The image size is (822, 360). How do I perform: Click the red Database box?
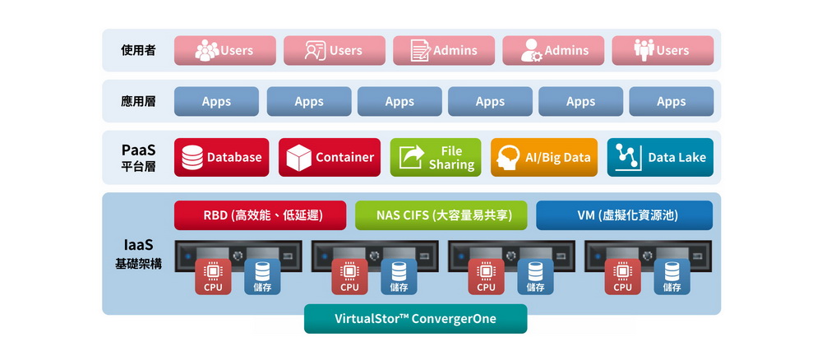[221, 157]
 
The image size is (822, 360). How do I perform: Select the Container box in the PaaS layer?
[330, 157]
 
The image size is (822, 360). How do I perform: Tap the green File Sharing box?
[436, 157]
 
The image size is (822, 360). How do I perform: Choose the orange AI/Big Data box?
[544, 157]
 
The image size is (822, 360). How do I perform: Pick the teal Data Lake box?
[661, 157]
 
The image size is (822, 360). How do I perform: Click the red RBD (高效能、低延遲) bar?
[260, 215]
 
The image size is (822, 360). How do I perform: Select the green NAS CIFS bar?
[441, 215]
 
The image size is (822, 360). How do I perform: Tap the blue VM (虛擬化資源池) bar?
[625, 215]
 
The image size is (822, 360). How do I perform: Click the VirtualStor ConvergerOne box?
[416, 319]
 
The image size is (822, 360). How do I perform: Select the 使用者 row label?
[138, 50]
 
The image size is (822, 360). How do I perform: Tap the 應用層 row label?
[138, 101]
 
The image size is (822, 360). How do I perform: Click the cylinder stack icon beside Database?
[192, 157]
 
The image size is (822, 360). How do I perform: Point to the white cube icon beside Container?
[299, 157]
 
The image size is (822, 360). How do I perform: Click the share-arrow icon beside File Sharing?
[412, 157]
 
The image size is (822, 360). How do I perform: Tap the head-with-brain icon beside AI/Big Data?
[509, 157]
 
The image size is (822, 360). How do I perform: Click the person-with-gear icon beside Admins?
[532, 50]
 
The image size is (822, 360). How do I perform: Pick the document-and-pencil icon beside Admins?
[420, 50]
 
